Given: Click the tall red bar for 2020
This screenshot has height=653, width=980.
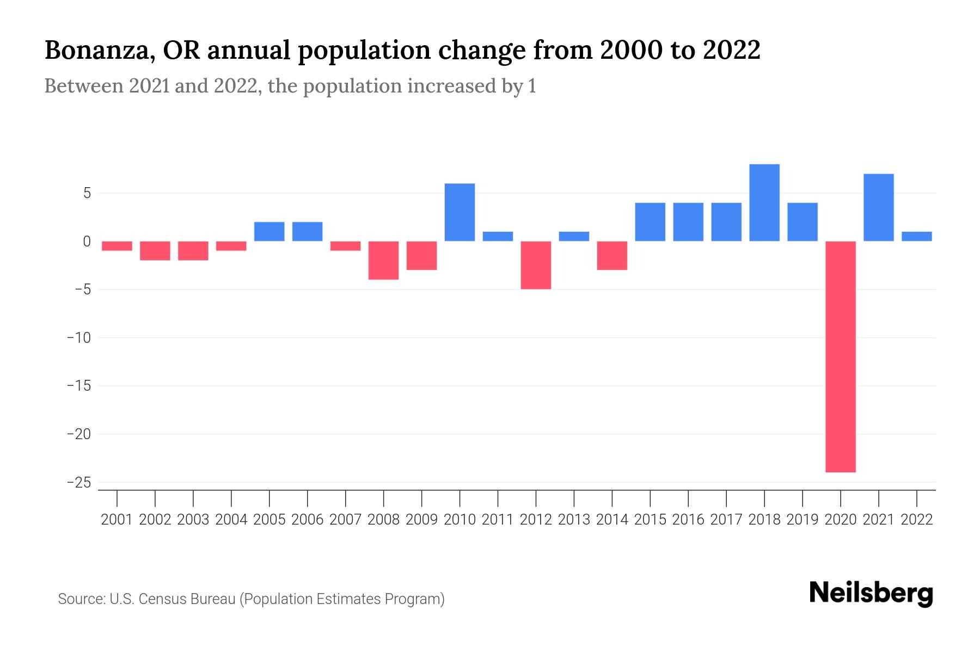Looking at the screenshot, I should [x=840, y=356].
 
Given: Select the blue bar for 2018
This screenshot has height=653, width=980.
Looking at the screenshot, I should [x=764, y=202].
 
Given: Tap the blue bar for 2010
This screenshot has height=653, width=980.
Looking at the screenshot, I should [x=460, y=212].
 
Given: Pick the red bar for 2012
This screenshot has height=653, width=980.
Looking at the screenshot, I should [x=536, y=265].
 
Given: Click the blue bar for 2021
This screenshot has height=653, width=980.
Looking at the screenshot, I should [x=878, y=207].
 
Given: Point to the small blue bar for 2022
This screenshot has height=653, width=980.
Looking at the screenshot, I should [x=916, y=236].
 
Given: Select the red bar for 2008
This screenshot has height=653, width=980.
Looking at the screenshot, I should [x=383, y=260].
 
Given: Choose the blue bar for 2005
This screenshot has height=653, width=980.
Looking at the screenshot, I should [x=269, y=231].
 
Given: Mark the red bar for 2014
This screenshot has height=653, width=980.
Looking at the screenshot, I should [x=612, y=255].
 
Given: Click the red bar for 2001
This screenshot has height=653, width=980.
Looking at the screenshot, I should [x=117, y=246].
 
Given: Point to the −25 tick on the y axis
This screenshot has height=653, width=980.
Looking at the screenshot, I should [x=78, y=483].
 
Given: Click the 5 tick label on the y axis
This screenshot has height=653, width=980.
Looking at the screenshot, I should [x=87, y=193].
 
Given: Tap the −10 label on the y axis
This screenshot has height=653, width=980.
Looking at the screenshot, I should [x=78, y=338].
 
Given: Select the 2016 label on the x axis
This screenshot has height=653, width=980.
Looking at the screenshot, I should [x=688, y=520].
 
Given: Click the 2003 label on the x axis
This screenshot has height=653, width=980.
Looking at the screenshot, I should [x=193, y=520].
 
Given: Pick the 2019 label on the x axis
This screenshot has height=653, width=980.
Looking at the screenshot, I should [x=802, y=520].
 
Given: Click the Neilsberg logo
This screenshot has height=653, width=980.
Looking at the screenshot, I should [x=871, y=594].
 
